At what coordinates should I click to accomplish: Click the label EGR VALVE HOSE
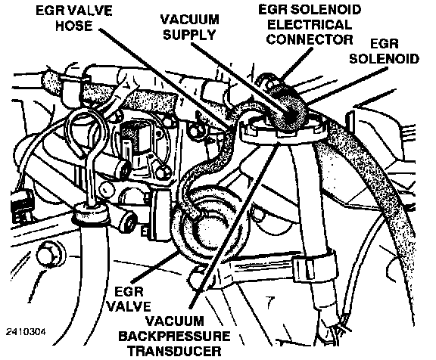click(x=74, y=18)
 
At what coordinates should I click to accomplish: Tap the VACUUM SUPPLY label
click(x=190, y=27)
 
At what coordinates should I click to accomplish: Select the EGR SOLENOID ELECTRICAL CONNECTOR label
click(x=310, y=24)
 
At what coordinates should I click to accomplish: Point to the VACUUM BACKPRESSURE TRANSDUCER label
click(x=174, y=336)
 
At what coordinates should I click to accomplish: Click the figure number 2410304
click(x=26, y=332)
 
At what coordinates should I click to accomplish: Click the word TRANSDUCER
click(x=175, y=351)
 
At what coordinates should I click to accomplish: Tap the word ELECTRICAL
click(x=310, y=25)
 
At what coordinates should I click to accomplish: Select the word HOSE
click(x=74, y=26)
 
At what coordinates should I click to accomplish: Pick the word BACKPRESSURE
click(x=174, y=336)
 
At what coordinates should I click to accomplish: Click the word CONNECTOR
click(x=310, y=39)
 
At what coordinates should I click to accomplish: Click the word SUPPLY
click(x=190, y=35)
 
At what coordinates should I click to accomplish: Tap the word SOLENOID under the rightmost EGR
click(x=384, y=58)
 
